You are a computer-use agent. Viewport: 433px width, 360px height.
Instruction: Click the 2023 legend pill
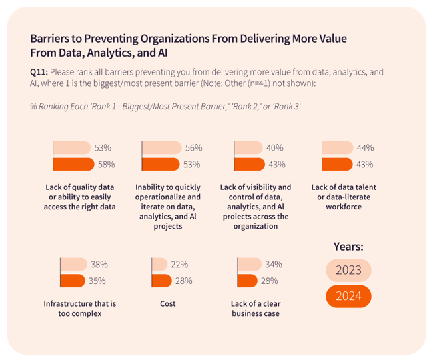348,270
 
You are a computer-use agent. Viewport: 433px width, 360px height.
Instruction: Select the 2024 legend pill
348,296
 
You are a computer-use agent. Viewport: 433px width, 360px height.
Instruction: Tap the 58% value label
107,164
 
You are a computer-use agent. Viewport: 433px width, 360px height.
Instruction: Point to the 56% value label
194,148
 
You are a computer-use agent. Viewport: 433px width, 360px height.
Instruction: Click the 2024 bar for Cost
161,281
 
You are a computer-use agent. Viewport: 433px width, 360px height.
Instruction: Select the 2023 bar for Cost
159,264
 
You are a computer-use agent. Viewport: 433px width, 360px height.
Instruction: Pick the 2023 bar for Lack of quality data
71,148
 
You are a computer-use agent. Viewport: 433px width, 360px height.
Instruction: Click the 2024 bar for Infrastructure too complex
73,281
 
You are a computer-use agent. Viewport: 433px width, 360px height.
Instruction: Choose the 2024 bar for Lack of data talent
336,164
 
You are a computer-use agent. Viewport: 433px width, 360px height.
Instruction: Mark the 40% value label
275,148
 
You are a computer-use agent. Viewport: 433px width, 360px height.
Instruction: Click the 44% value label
365,148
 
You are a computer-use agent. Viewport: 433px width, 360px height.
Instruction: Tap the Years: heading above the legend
348,247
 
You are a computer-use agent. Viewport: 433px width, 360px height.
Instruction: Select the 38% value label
98,264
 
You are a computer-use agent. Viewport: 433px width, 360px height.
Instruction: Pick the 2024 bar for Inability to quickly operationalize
161,164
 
